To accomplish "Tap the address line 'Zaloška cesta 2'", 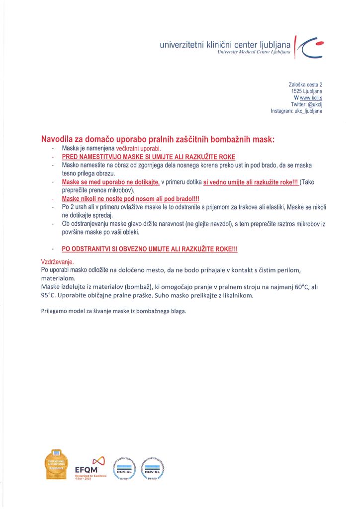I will click(x=305, y=85).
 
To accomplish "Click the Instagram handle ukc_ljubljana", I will click(x=304, y=111).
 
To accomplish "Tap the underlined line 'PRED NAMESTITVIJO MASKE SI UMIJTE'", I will click(x=148, y=157).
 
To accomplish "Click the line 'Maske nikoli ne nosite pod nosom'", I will click(x=130, y=199).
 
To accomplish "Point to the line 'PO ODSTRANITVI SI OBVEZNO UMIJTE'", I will click(x=149, y=249).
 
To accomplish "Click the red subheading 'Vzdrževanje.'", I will click(x=57, y=261).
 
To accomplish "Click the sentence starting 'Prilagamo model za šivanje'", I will click(x=113, y=311).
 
